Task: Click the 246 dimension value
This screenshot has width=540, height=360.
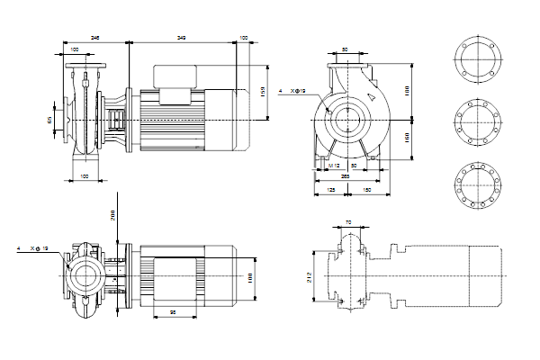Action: [95, 37]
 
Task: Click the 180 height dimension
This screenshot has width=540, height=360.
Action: [407, 91]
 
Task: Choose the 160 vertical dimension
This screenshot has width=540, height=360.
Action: [407, 138]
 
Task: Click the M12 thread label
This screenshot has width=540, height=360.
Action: [332, 166]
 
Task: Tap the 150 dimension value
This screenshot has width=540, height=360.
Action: [367, 191]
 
